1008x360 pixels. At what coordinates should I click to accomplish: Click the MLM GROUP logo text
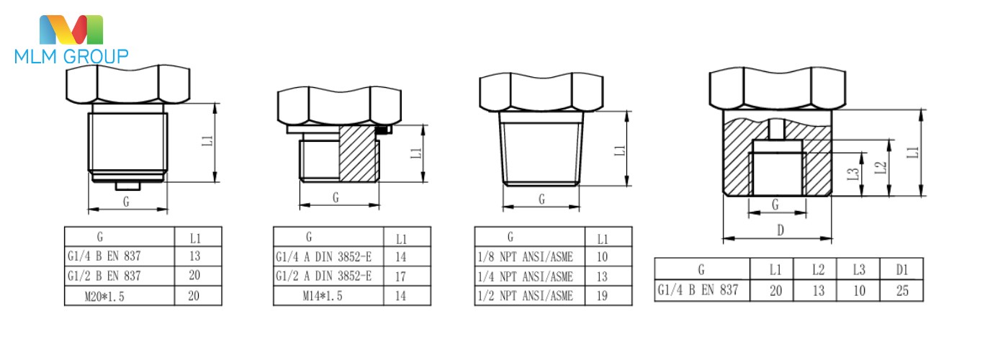(x=71, y=56)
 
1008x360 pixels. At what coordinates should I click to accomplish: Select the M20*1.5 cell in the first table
(x=104, y=297)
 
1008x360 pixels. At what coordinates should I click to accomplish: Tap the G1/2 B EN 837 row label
(x=104, y=276)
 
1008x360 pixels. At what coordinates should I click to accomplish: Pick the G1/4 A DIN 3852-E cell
(x=323, y=257)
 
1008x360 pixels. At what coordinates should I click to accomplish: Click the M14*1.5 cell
(x=323, y=296)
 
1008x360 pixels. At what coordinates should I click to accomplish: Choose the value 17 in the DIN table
(x=400, y=276)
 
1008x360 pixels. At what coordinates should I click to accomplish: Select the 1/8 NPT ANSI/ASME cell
(x=525, y=257)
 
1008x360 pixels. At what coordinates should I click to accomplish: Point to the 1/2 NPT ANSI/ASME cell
(x=525, y=296)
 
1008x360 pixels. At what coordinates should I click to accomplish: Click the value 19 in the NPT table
(x=602, y=296)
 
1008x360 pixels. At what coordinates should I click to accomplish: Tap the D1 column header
(x=901, y=269)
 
